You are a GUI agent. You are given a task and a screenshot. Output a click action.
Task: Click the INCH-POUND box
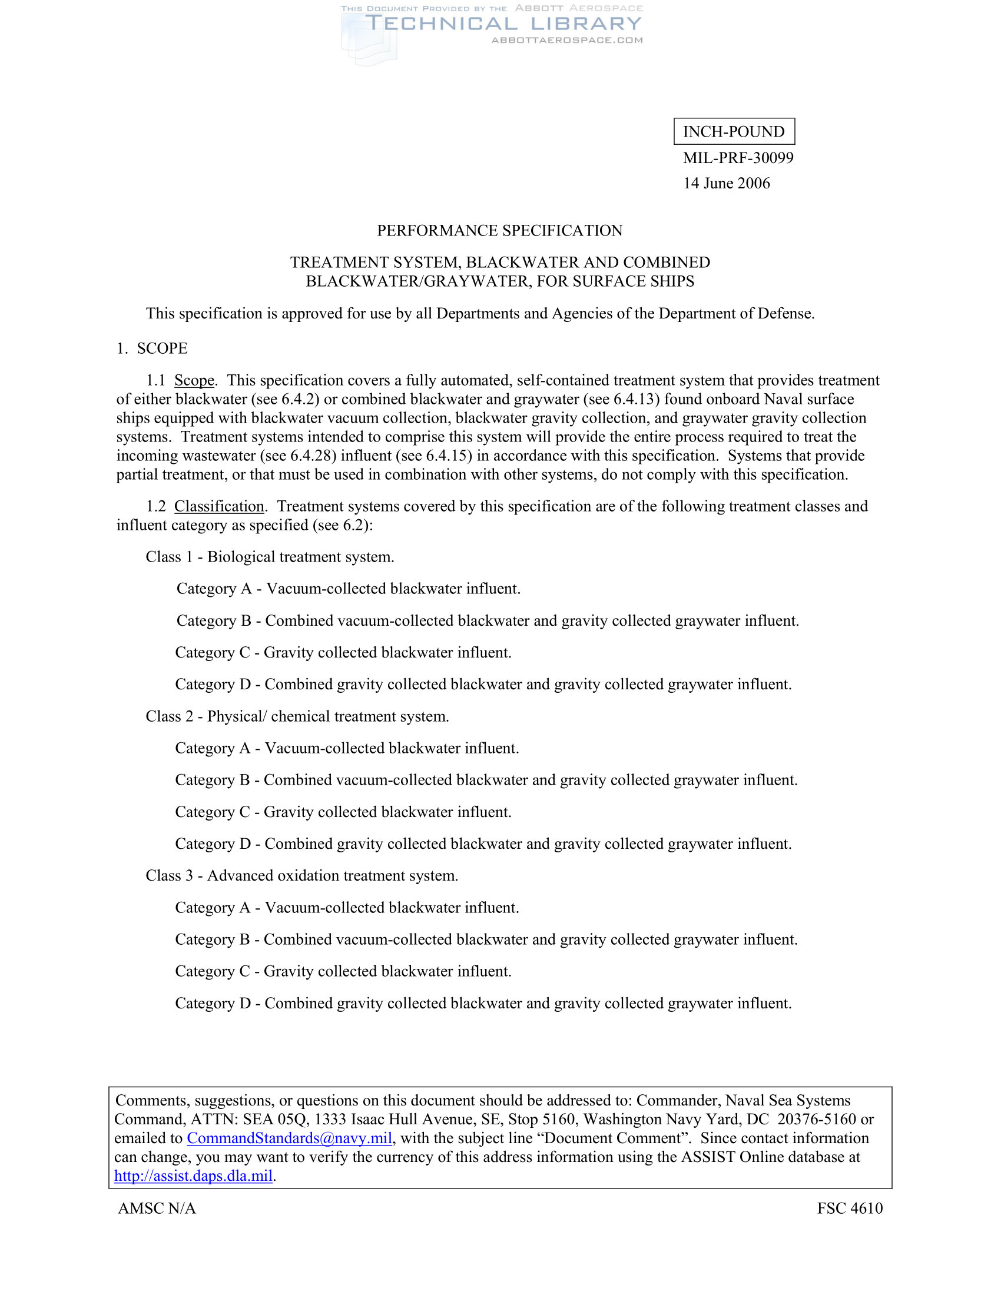point(734,132)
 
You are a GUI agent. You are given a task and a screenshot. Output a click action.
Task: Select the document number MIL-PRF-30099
point(738,158)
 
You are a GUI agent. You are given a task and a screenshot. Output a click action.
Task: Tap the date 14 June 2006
point(726,183)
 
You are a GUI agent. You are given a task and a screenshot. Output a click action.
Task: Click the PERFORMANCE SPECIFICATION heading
point(500,231)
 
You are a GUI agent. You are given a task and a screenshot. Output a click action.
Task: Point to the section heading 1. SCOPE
point(152,348)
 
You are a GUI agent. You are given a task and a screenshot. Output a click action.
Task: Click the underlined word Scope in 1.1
point(194,380)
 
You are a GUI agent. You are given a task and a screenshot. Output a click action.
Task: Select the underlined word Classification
point(219,506)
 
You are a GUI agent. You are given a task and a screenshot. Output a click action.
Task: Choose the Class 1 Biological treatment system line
point(270,557)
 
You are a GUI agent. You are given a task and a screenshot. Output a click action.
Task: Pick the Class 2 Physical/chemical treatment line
point(297,716)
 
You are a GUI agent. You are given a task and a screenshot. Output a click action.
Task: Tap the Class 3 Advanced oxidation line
point(302,876)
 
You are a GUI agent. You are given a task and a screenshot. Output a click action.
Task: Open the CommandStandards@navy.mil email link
point(289,1138)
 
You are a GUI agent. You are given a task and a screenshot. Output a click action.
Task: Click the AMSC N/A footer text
point(157,1208)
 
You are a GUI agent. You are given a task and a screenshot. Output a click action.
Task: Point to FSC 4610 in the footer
point(849,1208)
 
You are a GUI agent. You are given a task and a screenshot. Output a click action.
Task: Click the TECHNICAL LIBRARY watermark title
point(503,24)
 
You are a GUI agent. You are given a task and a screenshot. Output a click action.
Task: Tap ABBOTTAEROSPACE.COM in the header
point(567,40)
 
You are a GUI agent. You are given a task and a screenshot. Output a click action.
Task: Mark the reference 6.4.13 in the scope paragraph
point(635,399)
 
